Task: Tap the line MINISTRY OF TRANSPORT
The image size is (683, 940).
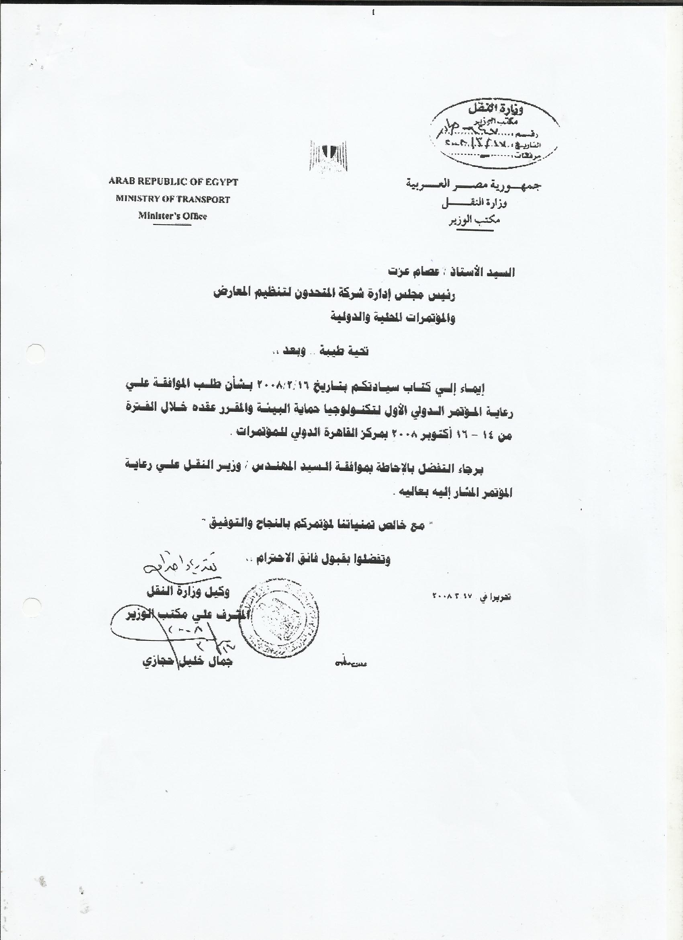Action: coord(173,199)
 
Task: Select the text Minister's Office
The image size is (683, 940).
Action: coord(172,216)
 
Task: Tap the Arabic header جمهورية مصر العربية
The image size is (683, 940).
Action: coord(473,185)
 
